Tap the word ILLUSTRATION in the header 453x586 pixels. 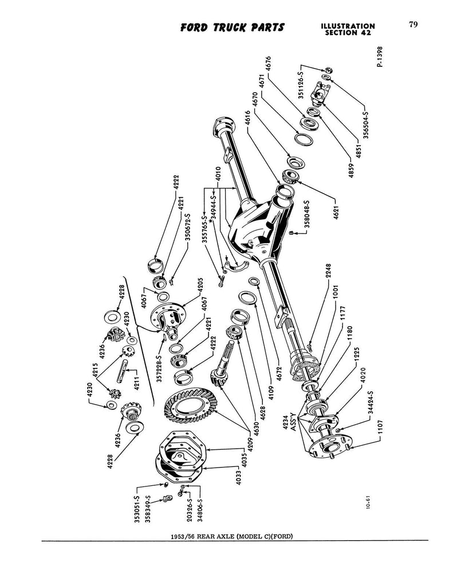coord(348,26)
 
